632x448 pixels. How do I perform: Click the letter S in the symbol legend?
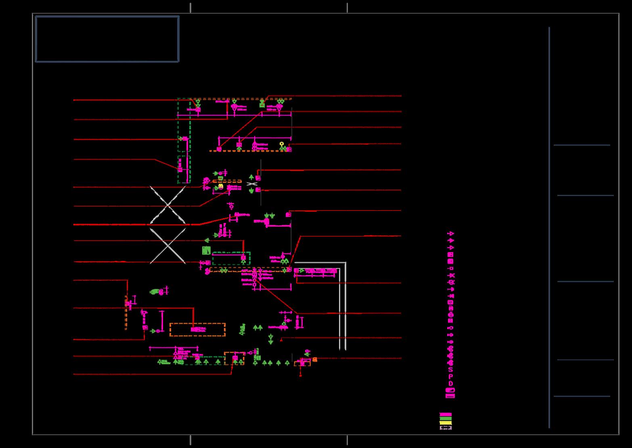pos(450,370)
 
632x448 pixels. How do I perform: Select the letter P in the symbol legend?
pos(450,376)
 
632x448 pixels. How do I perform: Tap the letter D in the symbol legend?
pos(450,383)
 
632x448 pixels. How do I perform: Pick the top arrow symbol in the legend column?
pos(451,233)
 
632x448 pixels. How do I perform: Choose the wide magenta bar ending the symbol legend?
pos(450,396)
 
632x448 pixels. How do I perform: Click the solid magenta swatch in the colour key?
pos(446,414)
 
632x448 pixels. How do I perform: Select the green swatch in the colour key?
pos(446,419)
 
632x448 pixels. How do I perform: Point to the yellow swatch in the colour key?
pos(446,423)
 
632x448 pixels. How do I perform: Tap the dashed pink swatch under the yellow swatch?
pos(446,427)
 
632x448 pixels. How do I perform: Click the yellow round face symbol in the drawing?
pos(221,187)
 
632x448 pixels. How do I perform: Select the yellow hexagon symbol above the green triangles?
pos(282,143)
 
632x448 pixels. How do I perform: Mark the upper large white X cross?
pos(168,205)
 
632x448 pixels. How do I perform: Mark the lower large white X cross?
pos(168,246)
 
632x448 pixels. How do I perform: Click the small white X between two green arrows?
pos(252,184)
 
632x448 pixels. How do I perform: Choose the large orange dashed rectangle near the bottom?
pos(197,330)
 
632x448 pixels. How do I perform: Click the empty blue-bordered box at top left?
pos(107,39)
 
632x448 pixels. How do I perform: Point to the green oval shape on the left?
pos(154,292)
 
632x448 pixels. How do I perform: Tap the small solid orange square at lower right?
pos(315,360)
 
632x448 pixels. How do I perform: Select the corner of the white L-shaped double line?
pos(345,263)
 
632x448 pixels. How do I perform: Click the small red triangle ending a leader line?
pos(281,340)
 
